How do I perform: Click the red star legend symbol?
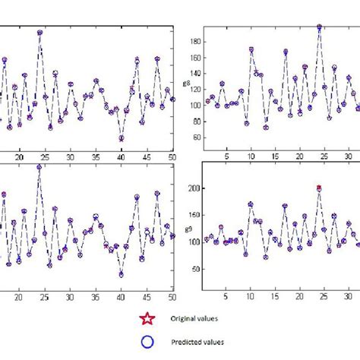[144, 320]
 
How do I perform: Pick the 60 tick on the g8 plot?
[194, 137]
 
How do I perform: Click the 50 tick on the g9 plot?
[194, 269]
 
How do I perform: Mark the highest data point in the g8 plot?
[319, 27]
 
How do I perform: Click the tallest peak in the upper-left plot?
[39, 33]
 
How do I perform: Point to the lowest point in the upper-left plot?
[121, 138]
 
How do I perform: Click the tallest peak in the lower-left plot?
[39, 167]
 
